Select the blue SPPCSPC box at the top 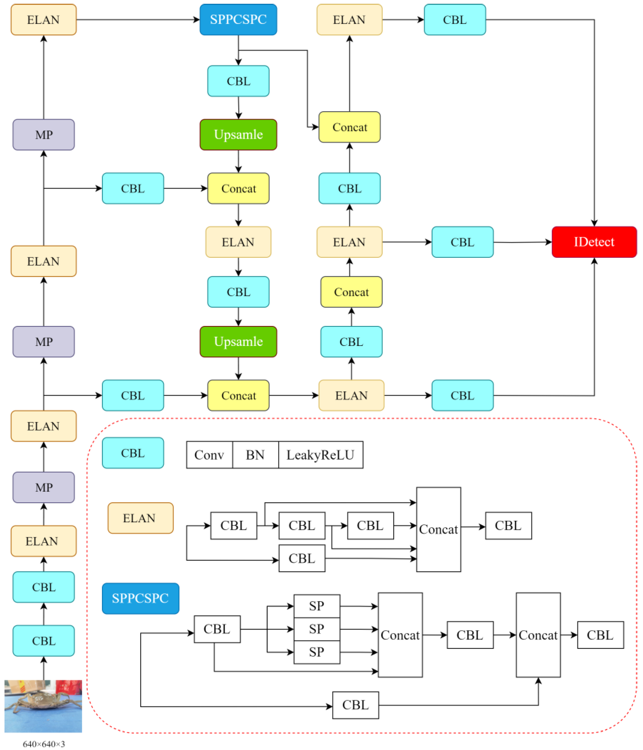coord(238,20)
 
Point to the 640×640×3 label coord(44,744)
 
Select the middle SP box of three coord(317,629)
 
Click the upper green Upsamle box coord(238,135)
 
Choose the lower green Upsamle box coord(238,342)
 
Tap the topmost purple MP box coord(44,135)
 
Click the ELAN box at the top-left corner coord(44,20)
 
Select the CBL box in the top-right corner coord(455,20)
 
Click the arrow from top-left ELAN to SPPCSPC coord(138,20)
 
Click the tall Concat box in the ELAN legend coord(438,529)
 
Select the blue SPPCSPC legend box coord(140,598)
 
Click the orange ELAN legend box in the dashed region coord(140,518)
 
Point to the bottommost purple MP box coord(44,487)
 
